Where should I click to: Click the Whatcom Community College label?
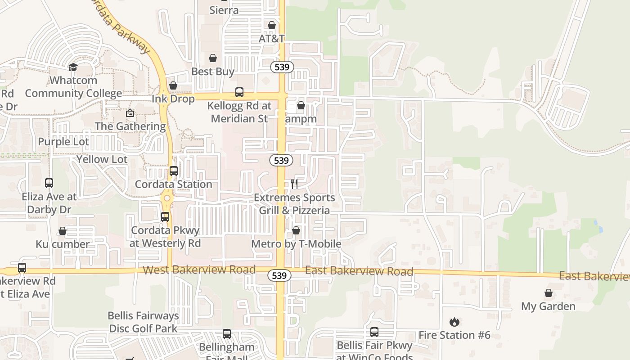(x=73, y=87)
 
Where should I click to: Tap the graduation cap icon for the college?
(x=73, y=67)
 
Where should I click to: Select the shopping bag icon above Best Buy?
(x=213, y=58)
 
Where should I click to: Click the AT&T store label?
(x=271, y=39)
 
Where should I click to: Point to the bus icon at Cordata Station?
(x=174, y=171)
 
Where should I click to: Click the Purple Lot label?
(x=63, y=142)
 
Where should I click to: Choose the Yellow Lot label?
(x=102, y=159)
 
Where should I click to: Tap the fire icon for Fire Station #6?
(x=454, y=322)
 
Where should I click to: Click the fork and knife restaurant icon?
(x=294, y=184)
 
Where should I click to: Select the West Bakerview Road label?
(x=199, y=270)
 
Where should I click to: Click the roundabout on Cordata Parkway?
(x=167, y=198)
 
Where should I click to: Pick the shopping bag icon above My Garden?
(x=548, y=293)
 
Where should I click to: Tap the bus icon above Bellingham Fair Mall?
(x=227, y=334)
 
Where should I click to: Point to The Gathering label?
(x=130, y=126)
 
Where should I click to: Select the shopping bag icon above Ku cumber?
(x=63, y=231)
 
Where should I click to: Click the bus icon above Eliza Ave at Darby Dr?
(x=49, y=183)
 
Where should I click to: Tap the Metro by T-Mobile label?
(x=296, y=244)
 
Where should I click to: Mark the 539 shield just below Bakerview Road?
(x=279, y=275)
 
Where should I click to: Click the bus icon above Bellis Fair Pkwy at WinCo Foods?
(x=374, y=332)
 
